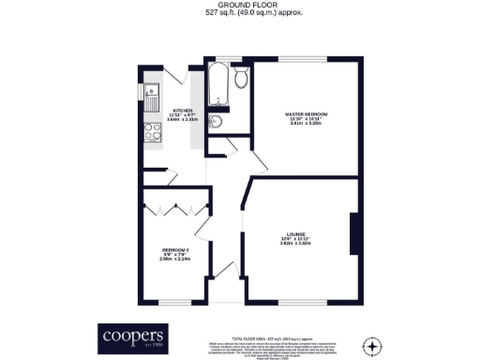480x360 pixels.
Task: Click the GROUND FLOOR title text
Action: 240,7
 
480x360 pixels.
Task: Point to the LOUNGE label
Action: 296,236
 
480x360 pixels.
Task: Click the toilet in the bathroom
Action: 241,79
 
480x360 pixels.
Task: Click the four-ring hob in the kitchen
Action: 150,133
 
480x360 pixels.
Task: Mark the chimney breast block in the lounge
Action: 353,234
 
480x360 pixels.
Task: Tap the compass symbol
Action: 373,346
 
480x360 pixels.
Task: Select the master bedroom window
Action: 303,59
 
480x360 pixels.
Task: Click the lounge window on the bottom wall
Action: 298,302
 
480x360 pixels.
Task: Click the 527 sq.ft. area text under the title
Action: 240,16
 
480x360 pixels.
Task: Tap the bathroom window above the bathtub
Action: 217,60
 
